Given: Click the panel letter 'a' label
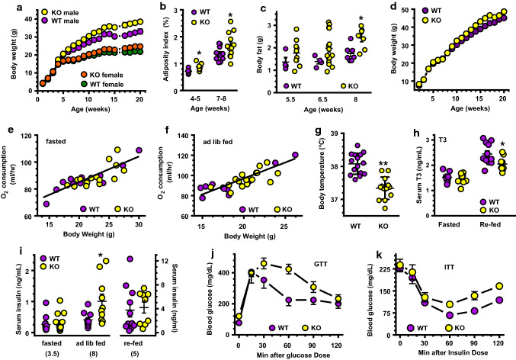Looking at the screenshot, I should [x=7, y=7].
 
